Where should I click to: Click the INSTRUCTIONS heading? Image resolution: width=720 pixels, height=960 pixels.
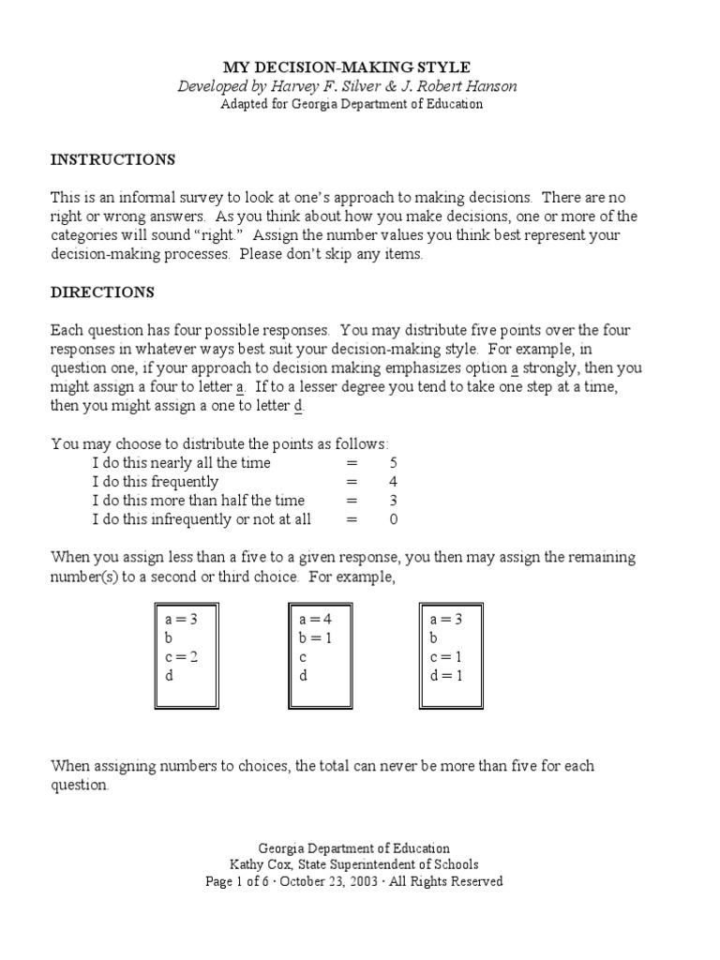coord(112,159)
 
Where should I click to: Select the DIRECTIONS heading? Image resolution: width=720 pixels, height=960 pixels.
coord(102,292)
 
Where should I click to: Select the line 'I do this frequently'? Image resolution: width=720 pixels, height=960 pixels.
coord(156,482)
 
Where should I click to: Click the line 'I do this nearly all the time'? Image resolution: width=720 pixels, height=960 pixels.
coord(181,463)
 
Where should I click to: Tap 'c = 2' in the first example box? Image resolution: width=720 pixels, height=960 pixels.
coord(181,656)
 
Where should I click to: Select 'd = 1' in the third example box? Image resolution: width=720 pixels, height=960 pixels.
coord(446,675)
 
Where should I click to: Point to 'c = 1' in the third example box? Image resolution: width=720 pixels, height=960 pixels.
coord(446,656)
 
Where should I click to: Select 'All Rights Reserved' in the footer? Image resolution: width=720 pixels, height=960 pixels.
coord(456,881)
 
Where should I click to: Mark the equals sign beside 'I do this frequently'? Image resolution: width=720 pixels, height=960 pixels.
coord(352,482)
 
